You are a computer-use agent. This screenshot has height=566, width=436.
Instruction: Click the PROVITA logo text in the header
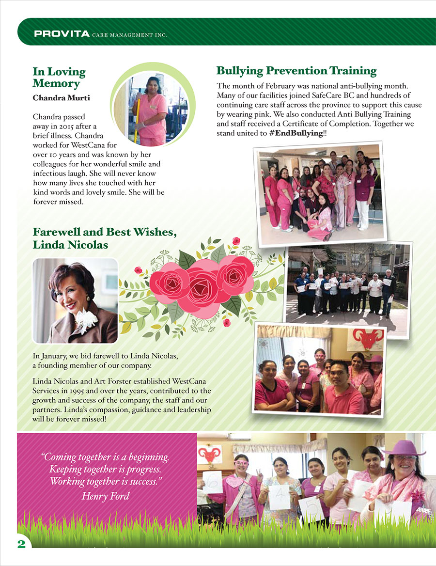pos(62,34)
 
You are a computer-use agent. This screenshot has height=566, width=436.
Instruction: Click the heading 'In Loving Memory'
pos(59,78)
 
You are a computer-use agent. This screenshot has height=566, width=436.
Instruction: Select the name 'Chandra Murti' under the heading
pos(61,98)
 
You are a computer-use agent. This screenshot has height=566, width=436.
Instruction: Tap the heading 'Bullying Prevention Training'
pos(296,71)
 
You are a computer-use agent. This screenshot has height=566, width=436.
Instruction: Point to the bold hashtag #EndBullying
pos(296,132)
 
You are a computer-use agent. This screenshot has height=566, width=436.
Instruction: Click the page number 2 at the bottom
pos(21,543)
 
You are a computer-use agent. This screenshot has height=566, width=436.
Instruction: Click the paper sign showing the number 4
pos(280,496)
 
